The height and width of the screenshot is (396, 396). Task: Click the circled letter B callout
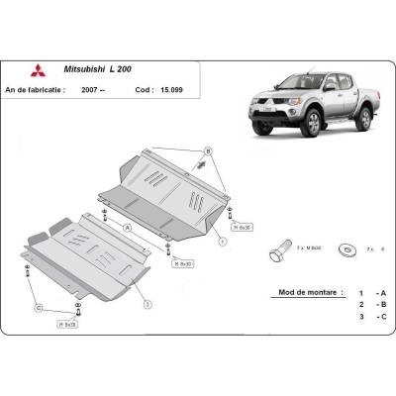point(208,150)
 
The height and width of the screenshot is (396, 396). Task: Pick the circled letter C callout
point(40,310)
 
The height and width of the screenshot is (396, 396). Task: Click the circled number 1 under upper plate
point(223,241)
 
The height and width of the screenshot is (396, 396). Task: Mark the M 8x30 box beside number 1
point(242,227)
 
